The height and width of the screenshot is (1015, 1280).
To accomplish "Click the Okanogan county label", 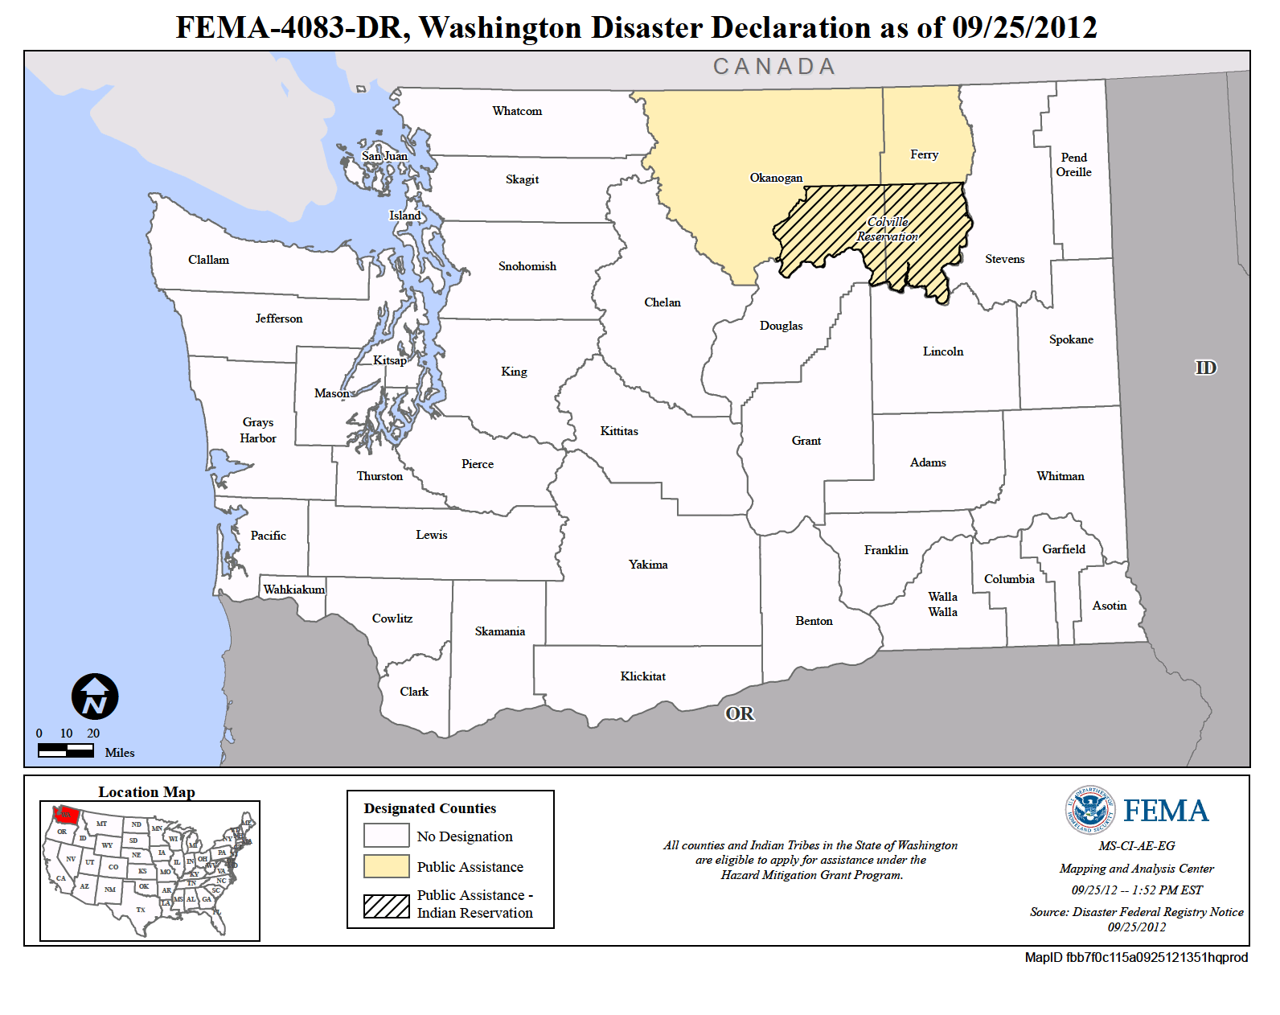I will pyautogui.click(x=776, y=178).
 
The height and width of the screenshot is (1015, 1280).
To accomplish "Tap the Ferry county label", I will pyautogui.click(x=924, y=154).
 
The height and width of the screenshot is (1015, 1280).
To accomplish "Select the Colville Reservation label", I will pyautogui.click(x=888, y=229).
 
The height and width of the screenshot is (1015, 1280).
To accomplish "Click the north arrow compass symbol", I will pyautogui.click(x=95, y=697).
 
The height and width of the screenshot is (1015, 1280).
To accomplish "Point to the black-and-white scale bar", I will pyautogui.click(x=66, y=750).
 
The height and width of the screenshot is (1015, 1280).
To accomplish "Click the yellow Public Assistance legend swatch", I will pyautogui.click(x=386, y=866).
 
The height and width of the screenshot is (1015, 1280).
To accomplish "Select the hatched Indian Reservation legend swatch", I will pyautogui.click(x=386, y=906).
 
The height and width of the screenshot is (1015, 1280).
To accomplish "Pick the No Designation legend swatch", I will pyautogui.click(x=386, y=836).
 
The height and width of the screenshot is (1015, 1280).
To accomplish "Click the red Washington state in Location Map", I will pyautogui.click(x=64, y=816).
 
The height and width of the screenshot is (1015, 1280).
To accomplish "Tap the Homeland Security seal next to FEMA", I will pyautogui.click(x=1090, y=810).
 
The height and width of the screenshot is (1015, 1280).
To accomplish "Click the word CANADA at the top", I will pyautogui.click(x=774, y=67).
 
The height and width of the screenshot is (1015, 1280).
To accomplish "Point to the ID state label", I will pyautogui.click(x=1205, y=368).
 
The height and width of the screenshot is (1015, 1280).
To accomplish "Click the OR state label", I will pyautogui.click(x=740, y=713).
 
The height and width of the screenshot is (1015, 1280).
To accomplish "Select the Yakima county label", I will pyautogui.click(x=648, y=565).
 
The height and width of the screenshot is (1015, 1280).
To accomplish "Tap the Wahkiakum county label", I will pyautogui.click(x=294, y=590).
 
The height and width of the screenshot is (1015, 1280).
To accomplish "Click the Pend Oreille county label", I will pyautogui.click(x=1073, y=165).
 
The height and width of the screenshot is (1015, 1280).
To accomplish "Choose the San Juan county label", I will pyautogui.click(x=384, y=156).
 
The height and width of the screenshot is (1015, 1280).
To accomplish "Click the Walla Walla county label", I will pyautogui.click(x=942, y=604).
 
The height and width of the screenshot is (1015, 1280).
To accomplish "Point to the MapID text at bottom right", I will pyautogui.click(x=1136, y=957).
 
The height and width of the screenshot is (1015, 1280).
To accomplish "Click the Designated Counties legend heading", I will pyautogui.click(x=429, y=808).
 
